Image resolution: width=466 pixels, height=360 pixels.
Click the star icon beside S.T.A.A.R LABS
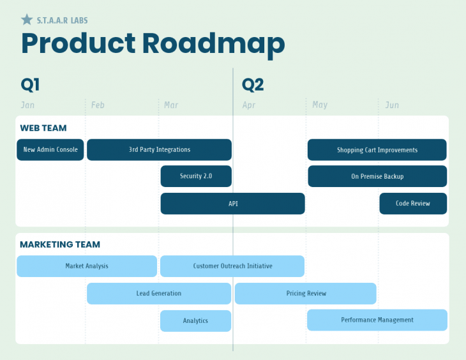[x=27, y=20]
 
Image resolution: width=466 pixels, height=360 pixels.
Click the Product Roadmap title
[x=153, y=44]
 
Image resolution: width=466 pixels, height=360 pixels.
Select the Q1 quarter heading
[x=30, y=85]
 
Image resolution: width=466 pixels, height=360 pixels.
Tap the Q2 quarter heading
[x=253, y=85]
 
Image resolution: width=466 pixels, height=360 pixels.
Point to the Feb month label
[x=98, y=105]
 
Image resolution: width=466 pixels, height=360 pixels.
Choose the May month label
[x=320, y=105]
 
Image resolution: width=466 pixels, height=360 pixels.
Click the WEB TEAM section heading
[x=43, y=128]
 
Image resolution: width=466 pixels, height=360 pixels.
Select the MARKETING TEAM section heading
[x=60, y=244]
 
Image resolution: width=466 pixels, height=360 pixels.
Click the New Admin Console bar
[x=50, y=150]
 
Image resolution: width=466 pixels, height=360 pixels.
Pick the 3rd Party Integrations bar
[x=159, y=150]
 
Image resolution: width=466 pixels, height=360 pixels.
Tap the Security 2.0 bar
[x=196, y=176]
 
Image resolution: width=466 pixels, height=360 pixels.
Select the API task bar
[x=232, y=204]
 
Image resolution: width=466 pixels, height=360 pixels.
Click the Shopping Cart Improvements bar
[x=377, y=150]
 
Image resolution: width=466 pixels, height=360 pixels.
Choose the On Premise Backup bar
[x=377, y=176]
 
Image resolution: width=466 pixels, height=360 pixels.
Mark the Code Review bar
[x=412, y=204]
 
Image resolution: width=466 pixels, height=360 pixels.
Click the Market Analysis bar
[x=87, y=266]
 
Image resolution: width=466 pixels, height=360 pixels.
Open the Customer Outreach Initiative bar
[x=232, y=266]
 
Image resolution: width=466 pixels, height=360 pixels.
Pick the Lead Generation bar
[x=159, y=294]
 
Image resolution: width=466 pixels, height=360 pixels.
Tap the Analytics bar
[x=195, y=321]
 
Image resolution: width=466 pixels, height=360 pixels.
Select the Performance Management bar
[x=377, y=320]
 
